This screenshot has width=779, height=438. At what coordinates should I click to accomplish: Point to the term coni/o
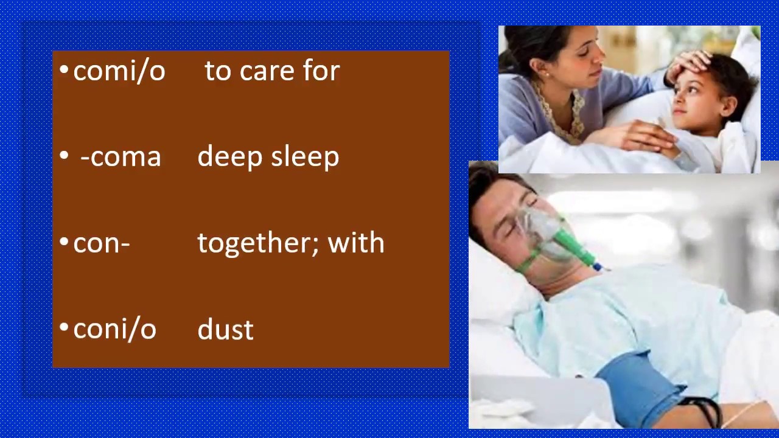click(x=115, y=329)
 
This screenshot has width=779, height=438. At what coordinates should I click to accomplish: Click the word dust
click(x=226, y=329)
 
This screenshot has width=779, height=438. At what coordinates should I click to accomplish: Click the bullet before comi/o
click(x=65, y=71)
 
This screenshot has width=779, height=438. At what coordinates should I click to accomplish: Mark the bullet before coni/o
click(x=65, y=328)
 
